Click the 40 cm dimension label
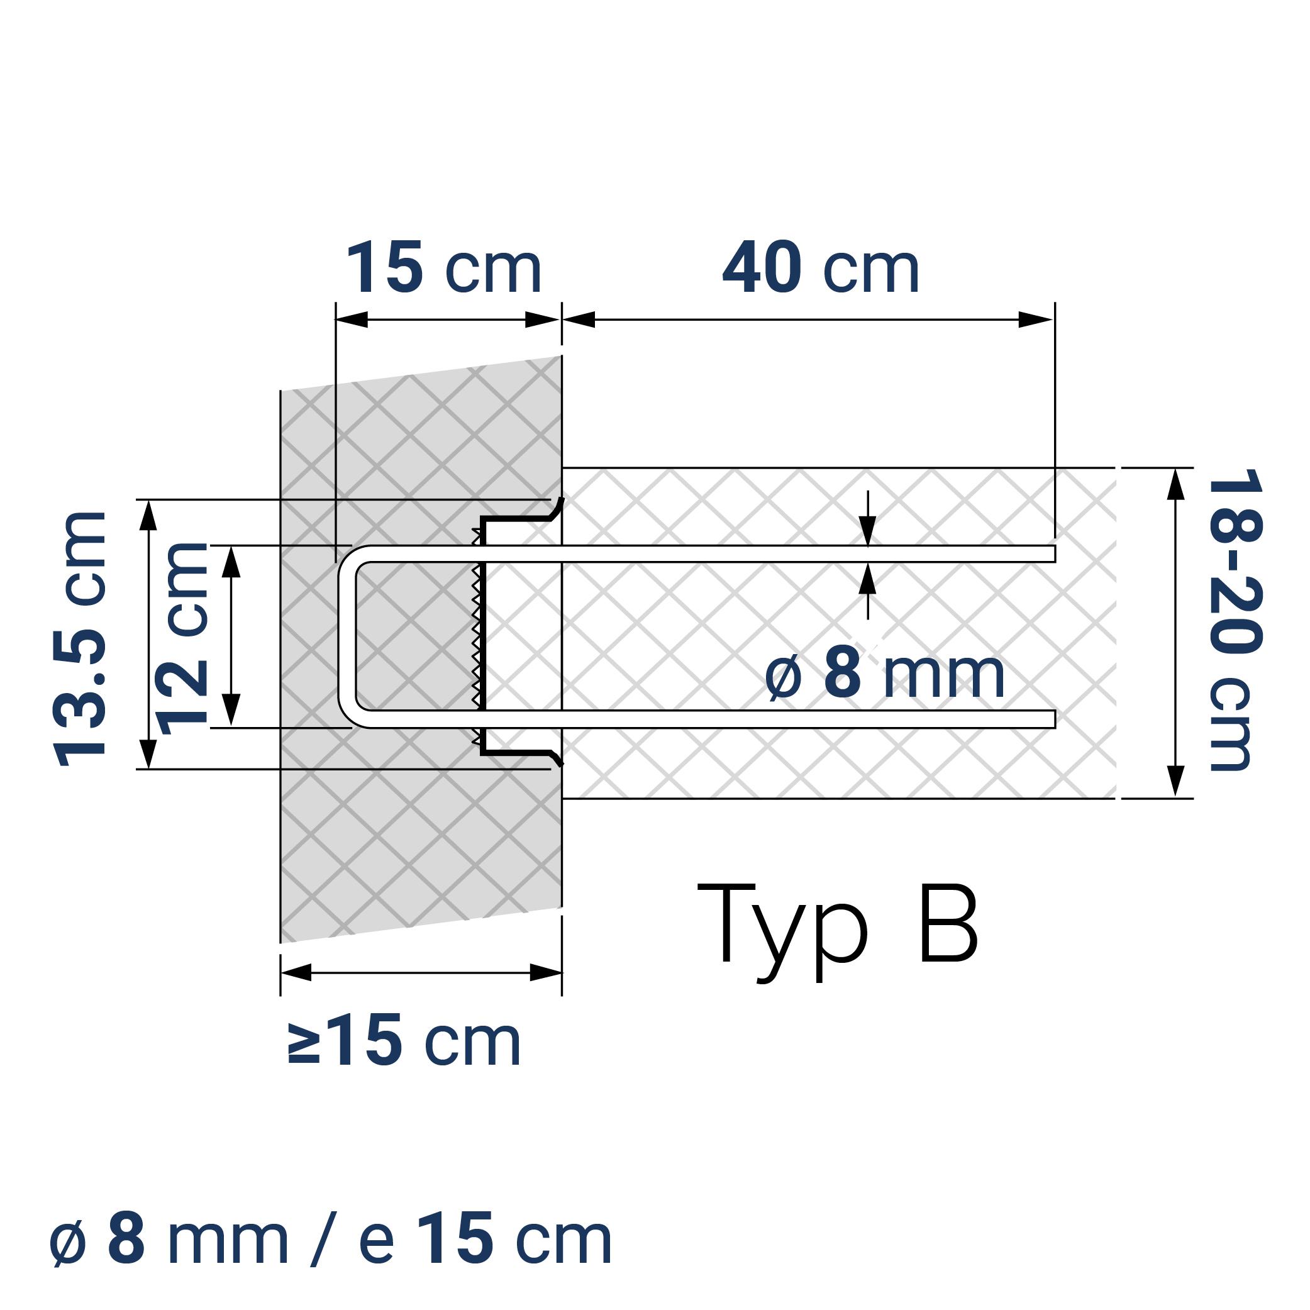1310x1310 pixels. click(821, 269)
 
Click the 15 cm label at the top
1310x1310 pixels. click(444, 269)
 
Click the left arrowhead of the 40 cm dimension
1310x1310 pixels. click(579, 319)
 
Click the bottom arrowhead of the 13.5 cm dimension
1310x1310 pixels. click(148, 754)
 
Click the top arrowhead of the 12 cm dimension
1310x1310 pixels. click(231, 562)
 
